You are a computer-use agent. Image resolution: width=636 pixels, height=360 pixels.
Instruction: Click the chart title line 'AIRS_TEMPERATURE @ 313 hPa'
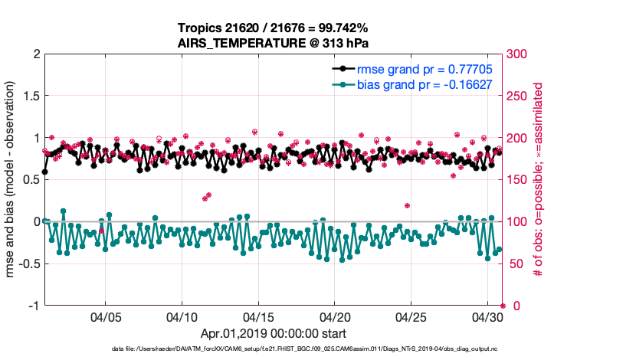(274, 43)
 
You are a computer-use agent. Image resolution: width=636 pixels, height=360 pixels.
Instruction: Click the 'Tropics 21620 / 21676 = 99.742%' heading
(274, 28)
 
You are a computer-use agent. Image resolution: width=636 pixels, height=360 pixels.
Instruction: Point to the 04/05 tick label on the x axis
(107, 316)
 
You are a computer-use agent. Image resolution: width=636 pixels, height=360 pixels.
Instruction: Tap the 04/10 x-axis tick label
(182, 316)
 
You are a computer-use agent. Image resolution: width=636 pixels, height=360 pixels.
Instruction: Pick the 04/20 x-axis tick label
(335, 316)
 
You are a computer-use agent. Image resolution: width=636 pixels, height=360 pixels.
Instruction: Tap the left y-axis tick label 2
(36, 54)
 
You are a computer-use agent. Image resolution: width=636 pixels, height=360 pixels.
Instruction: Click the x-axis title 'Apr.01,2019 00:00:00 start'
(274, 334)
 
